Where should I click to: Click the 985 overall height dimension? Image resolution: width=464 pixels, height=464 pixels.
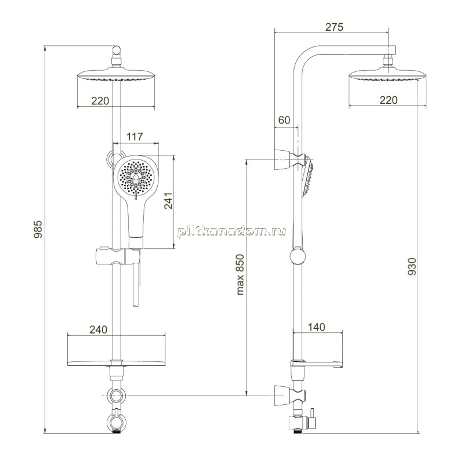pyautogui.click(x=38, y=229)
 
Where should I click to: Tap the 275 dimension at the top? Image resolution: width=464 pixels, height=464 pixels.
pyautogui.click(x=335, y=27)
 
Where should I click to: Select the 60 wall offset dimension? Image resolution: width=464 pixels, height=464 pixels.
pyautogui.click(x=284, y=120)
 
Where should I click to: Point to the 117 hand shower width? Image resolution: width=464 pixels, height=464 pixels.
pyautogui.click(x=135, y=137)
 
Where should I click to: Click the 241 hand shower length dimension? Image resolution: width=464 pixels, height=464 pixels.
pyautogui.click(x=168, y=201)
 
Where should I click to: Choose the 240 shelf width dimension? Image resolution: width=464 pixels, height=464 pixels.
pyautogui.click(x=98, y=329)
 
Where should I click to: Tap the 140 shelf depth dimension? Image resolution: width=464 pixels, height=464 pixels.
pyautogui.click(x=316, y=327)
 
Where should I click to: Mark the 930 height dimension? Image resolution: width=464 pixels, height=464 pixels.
pyautogui.click(x=412, y=266)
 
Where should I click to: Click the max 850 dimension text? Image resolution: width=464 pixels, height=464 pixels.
pyautogui.click(x=240, y=274)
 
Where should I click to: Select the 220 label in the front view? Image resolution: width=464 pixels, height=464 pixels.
pyautogui.click(x=100, y=101)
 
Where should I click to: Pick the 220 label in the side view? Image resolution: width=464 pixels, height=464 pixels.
pyautogui.click(x=388, y=100)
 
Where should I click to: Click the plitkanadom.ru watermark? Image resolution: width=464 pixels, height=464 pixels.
pyautogui.click(x=231, y=231)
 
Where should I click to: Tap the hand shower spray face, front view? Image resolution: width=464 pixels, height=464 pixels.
pyautogui.click(x=136, y=177)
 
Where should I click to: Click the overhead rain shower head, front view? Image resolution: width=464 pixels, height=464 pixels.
pyautogui.click(x=116, y=75)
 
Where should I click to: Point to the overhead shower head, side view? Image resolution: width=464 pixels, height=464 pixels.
pyautogui.click(x=387, y=75)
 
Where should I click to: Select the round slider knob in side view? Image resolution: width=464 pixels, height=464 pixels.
pyautogui.click(x=298, y=256)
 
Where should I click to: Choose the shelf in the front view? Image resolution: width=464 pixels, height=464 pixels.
pyautogui.click(x=117, y=363)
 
